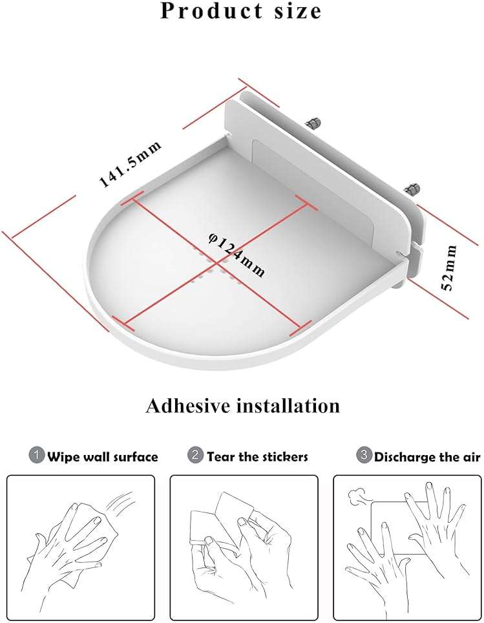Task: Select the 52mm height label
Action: click(x=450, y=268)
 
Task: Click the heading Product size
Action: click(x=241, y=11)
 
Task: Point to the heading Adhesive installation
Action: click(x=242, y=406)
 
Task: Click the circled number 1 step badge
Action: click(x=37, y=456)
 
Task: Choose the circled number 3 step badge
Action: click(x=364, y=456)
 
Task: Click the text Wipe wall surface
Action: click(x=103, y=457)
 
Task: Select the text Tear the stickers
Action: click(x=257, y=457)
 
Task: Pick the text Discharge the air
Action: click(x=427, y=457)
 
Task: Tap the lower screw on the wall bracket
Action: click(x=411, y=190)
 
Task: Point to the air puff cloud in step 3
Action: click(x=356, y=496)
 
